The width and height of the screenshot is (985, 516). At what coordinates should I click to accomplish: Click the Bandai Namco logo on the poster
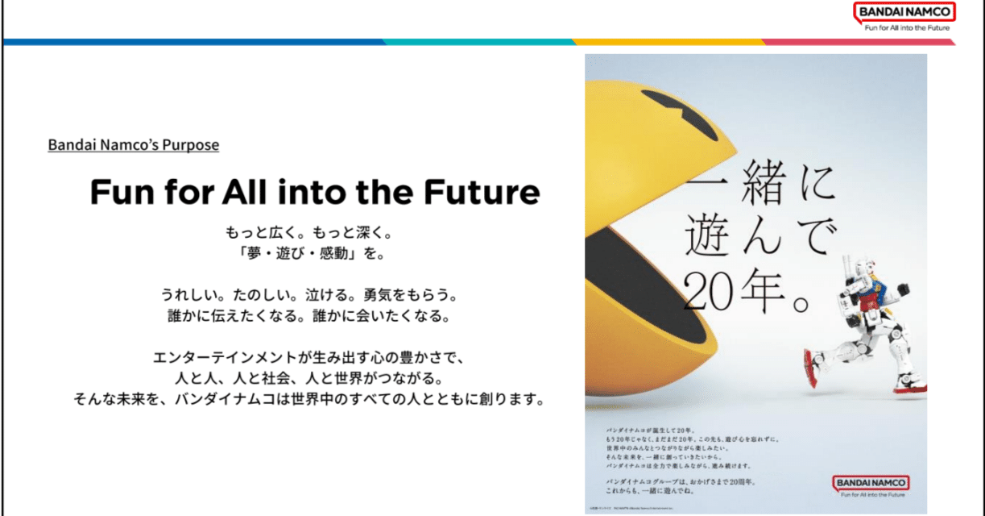point(871,483)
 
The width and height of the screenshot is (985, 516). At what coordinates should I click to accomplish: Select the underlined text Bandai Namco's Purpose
point(134,145)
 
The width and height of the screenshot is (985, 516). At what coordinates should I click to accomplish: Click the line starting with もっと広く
point(313,232)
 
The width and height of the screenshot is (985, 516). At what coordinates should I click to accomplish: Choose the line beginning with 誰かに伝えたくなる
point(313,315)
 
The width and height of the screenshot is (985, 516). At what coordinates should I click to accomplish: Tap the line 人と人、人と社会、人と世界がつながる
point(313,377)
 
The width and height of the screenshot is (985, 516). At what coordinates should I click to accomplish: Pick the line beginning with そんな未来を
point(313,399)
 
